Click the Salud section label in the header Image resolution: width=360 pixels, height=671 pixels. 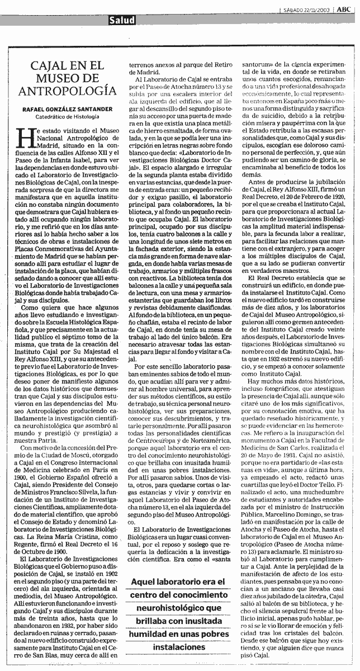click(x=122, y=20)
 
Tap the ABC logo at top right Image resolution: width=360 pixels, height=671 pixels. click(x=344, y=8)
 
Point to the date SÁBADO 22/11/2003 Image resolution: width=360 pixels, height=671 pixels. click(x=306, y=9)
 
